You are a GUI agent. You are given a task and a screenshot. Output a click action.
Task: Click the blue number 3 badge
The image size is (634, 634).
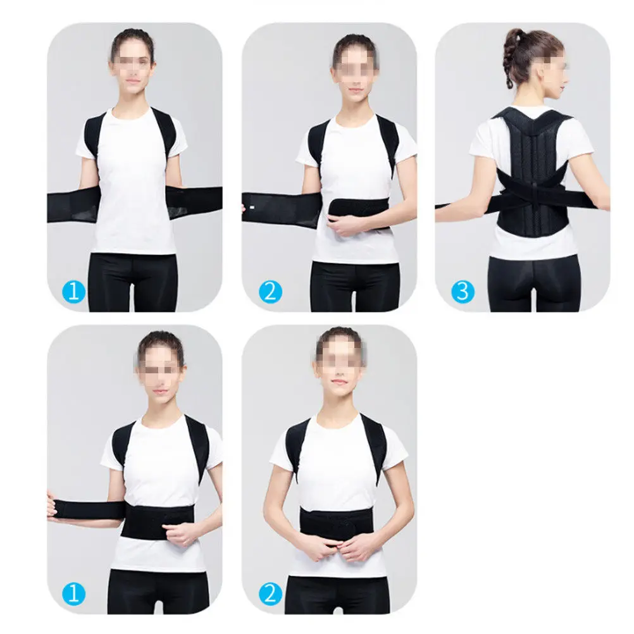[x=463, y=291]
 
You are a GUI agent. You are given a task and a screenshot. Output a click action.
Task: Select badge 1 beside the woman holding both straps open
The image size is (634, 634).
[x=75, y=291]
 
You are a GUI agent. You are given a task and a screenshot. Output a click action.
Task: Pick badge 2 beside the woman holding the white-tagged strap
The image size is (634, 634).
[x=269, y=291]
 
